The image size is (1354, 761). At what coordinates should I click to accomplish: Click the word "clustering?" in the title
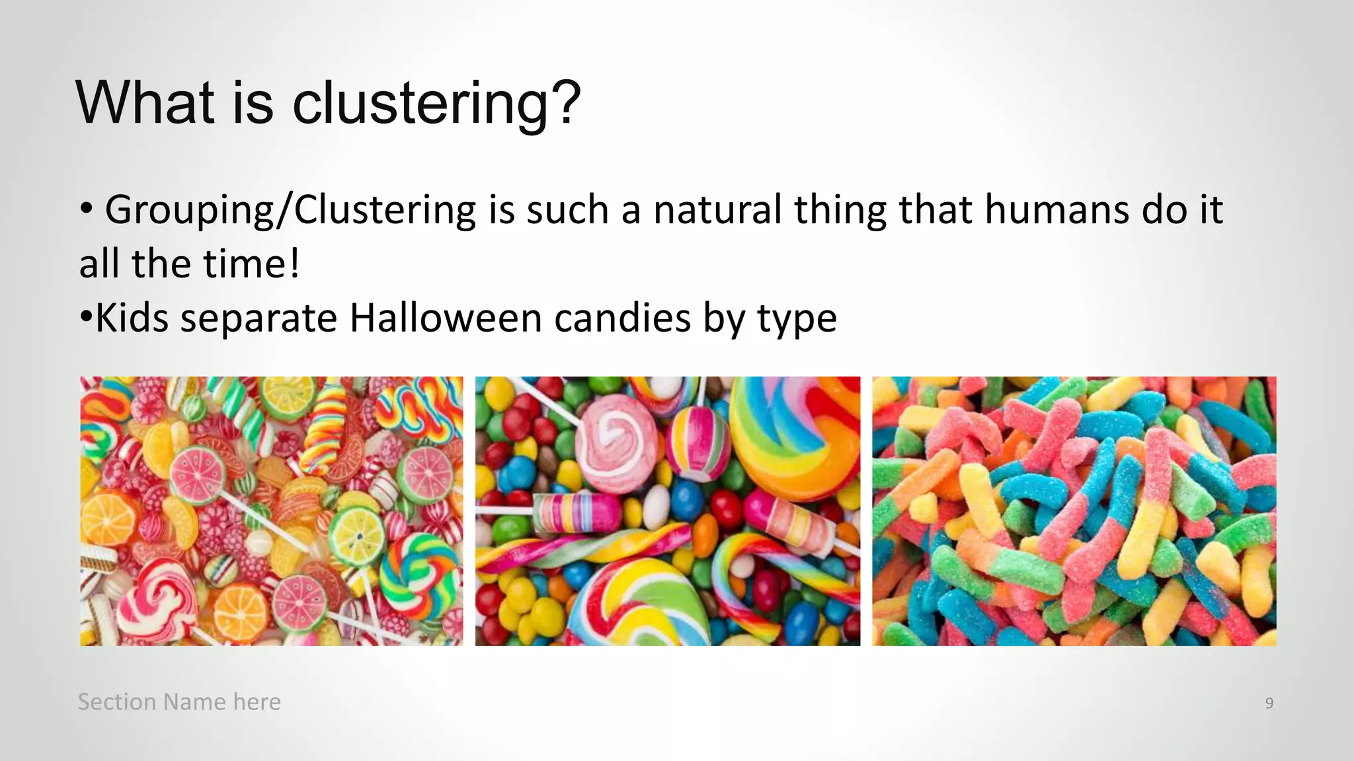tap(436, 104)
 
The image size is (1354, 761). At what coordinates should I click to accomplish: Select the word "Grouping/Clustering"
tap(290, 210)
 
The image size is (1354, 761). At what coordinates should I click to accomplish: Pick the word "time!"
tap(252, 264)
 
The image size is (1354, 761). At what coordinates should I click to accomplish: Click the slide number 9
tap(1269, 703)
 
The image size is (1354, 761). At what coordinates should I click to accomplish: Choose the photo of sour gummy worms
tap(1074, 511)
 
